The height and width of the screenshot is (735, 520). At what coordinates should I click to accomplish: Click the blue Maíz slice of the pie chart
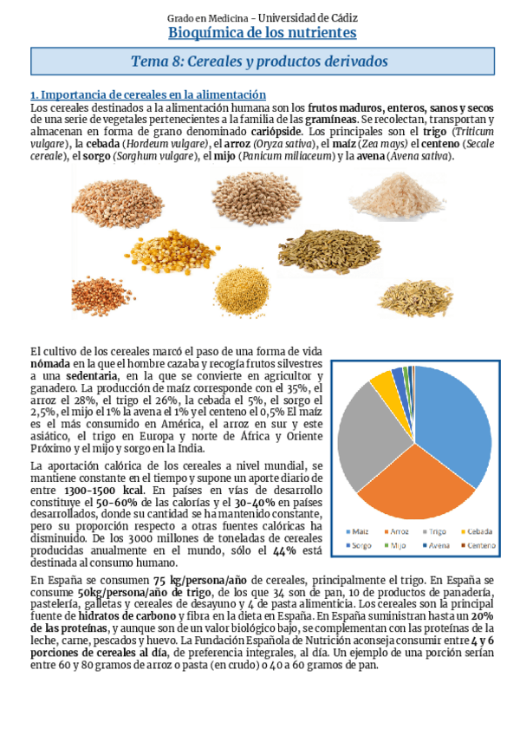(x=455, y=425)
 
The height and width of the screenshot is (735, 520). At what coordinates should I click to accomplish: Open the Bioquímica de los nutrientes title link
(x=262, y=33)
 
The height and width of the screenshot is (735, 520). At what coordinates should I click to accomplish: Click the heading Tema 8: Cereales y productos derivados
(x=259, y=62)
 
